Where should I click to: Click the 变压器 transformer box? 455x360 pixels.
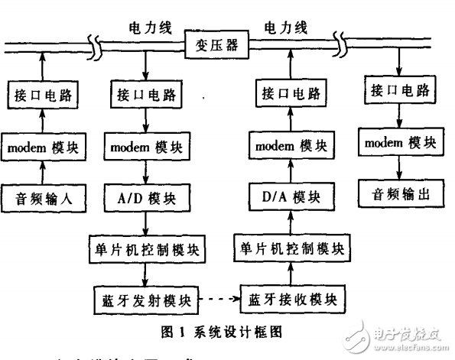(217, 45)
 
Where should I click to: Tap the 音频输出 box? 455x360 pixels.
(397, 193)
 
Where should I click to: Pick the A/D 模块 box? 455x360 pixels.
(147, 198)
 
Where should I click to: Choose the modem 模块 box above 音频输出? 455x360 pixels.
(397, 141)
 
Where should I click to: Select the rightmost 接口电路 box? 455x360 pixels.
(397, 90)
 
